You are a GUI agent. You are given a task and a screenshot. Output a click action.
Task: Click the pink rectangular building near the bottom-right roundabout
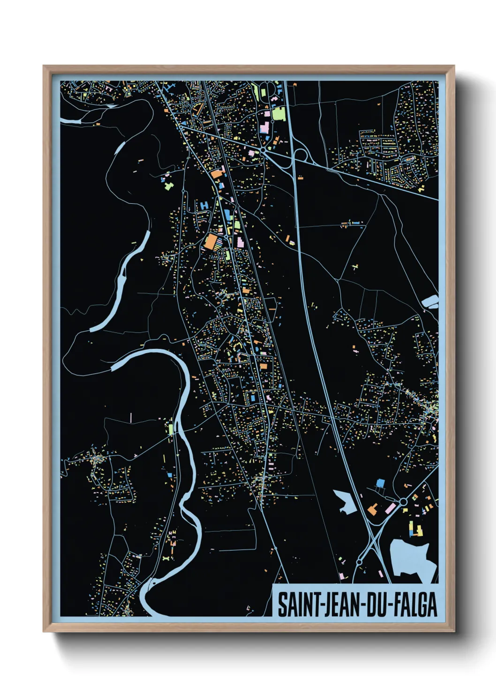(390, 508)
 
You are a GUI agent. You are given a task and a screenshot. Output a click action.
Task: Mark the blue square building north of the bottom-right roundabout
(380, 482)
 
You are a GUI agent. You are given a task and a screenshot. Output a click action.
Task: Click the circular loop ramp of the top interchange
(301, 155)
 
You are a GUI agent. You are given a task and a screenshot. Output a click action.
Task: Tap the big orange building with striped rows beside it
(211, 242)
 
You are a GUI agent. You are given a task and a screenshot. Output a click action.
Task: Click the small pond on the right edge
(430, 302)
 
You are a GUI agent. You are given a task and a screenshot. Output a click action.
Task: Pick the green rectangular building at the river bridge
(171, 428)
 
